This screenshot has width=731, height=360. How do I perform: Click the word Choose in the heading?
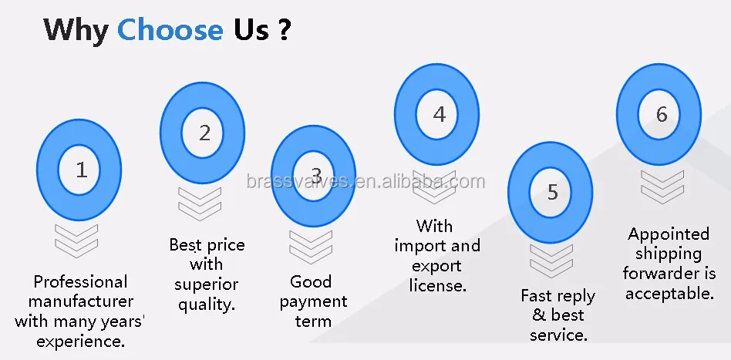point(170,29)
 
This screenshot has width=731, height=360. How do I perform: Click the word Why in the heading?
point(76,29)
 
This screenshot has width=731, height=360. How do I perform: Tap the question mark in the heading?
point(284,29)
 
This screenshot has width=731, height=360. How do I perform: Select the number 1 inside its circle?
point(80,170)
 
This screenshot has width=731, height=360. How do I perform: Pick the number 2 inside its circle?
point(204,133)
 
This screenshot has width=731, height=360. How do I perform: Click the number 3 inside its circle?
point(315,176)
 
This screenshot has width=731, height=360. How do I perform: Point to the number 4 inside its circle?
point(438,115)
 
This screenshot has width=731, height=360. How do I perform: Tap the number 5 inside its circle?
point(551,192)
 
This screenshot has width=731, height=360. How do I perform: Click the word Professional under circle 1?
point(80,281)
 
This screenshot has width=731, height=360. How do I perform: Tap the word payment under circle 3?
point(313,301)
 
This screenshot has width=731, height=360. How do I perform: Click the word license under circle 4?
point(437,285)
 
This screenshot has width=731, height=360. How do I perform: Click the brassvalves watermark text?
point(365,182)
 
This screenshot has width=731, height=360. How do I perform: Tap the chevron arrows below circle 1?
point(76,240)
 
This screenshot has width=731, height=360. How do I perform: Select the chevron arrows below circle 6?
point(662,186)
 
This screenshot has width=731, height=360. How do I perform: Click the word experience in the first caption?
point(80,341)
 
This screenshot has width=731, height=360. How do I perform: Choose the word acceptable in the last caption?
point(669,293)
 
